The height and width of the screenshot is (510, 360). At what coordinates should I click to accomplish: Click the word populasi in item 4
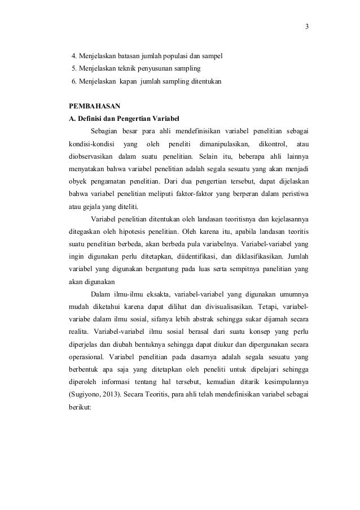tap(161, 56)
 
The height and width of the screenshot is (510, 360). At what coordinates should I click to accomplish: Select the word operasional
tap(85, 357)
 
